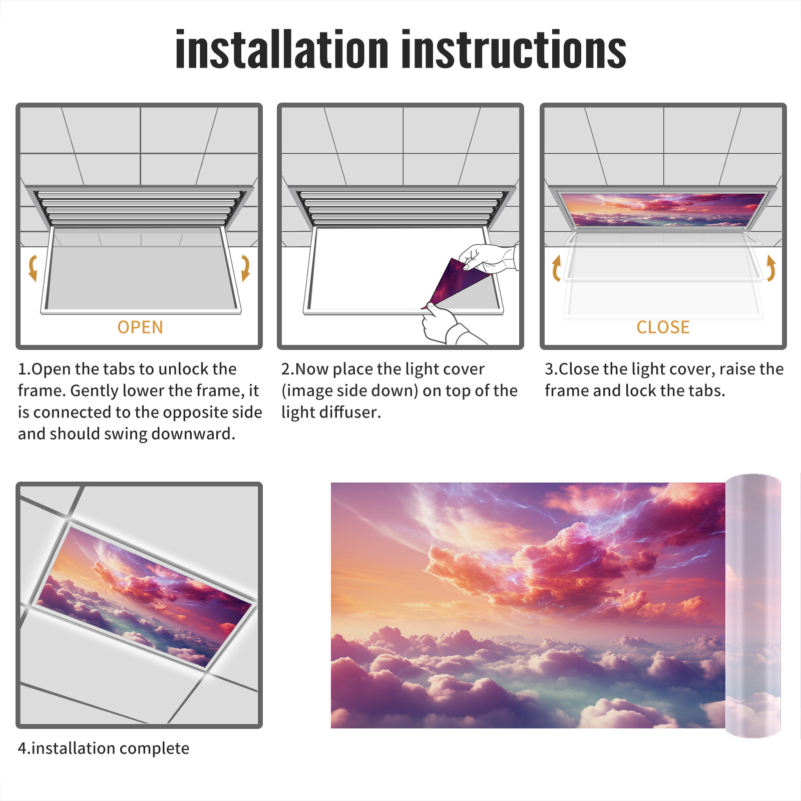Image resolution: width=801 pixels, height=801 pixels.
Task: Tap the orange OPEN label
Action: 140,327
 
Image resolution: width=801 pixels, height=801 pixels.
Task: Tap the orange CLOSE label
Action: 663,327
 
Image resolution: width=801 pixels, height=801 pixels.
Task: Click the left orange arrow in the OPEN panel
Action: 33,267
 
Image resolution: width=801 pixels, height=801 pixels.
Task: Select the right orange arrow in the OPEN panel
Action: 245,267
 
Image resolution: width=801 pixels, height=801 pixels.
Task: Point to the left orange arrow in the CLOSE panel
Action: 556,268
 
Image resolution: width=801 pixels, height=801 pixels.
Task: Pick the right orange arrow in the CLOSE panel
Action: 771,268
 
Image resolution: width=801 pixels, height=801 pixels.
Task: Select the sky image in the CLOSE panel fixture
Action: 663,210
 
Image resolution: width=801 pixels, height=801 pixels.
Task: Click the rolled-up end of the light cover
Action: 753,606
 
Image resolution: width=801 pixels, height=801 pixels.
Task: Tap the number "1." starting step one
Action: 25,369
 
